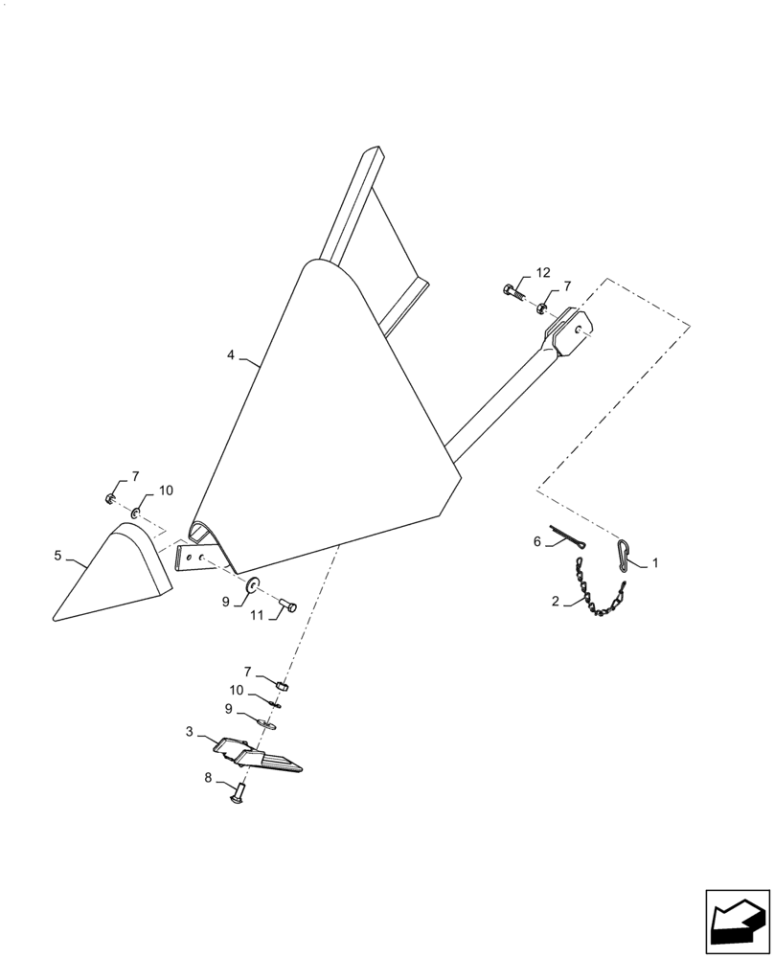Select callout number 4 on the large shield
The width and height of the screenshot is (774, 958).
pos(231,354)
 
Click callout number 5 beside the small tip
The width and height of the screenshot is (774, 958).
pos(57,555)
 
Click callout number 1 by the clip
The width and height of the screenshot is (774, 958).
pos(655,563)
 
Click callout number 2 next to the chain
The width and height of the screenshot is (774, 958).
pos(555,601)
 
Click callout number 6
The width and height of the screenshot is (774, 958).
pos(537,541)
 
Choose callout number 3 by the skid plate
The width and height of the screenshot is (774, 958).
pos(189,731)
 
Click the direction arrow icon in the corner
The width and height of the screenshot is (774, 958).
pos(738,923)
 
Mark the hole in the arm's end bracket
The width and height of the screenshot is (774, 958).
pos(578,330)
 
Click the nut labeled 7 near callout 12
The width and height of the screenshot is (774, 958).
pos(541,308)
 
